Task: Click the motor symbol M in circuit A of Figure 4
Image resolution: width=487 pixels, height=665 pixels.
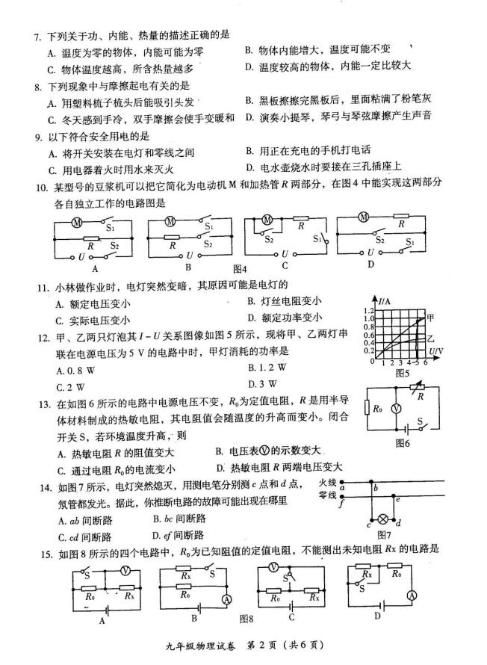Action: [x=75, y=222]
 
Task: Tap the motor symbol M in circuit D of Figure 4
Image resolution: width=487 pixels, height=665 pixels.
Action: [x=365, y=217]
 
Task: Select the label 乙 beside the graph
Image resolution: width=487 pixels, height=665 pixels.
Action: [x=430, y=338]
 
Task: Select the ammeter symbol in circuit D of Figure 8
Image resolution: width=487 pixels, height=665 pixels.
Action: [x=410, y=594]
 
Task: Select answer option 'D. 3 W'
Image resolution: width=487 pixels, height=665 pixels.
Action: [x=258, y=383]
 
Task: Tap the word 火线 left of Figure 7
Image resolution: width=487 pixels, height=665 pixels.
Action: [x=328, y=483]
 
